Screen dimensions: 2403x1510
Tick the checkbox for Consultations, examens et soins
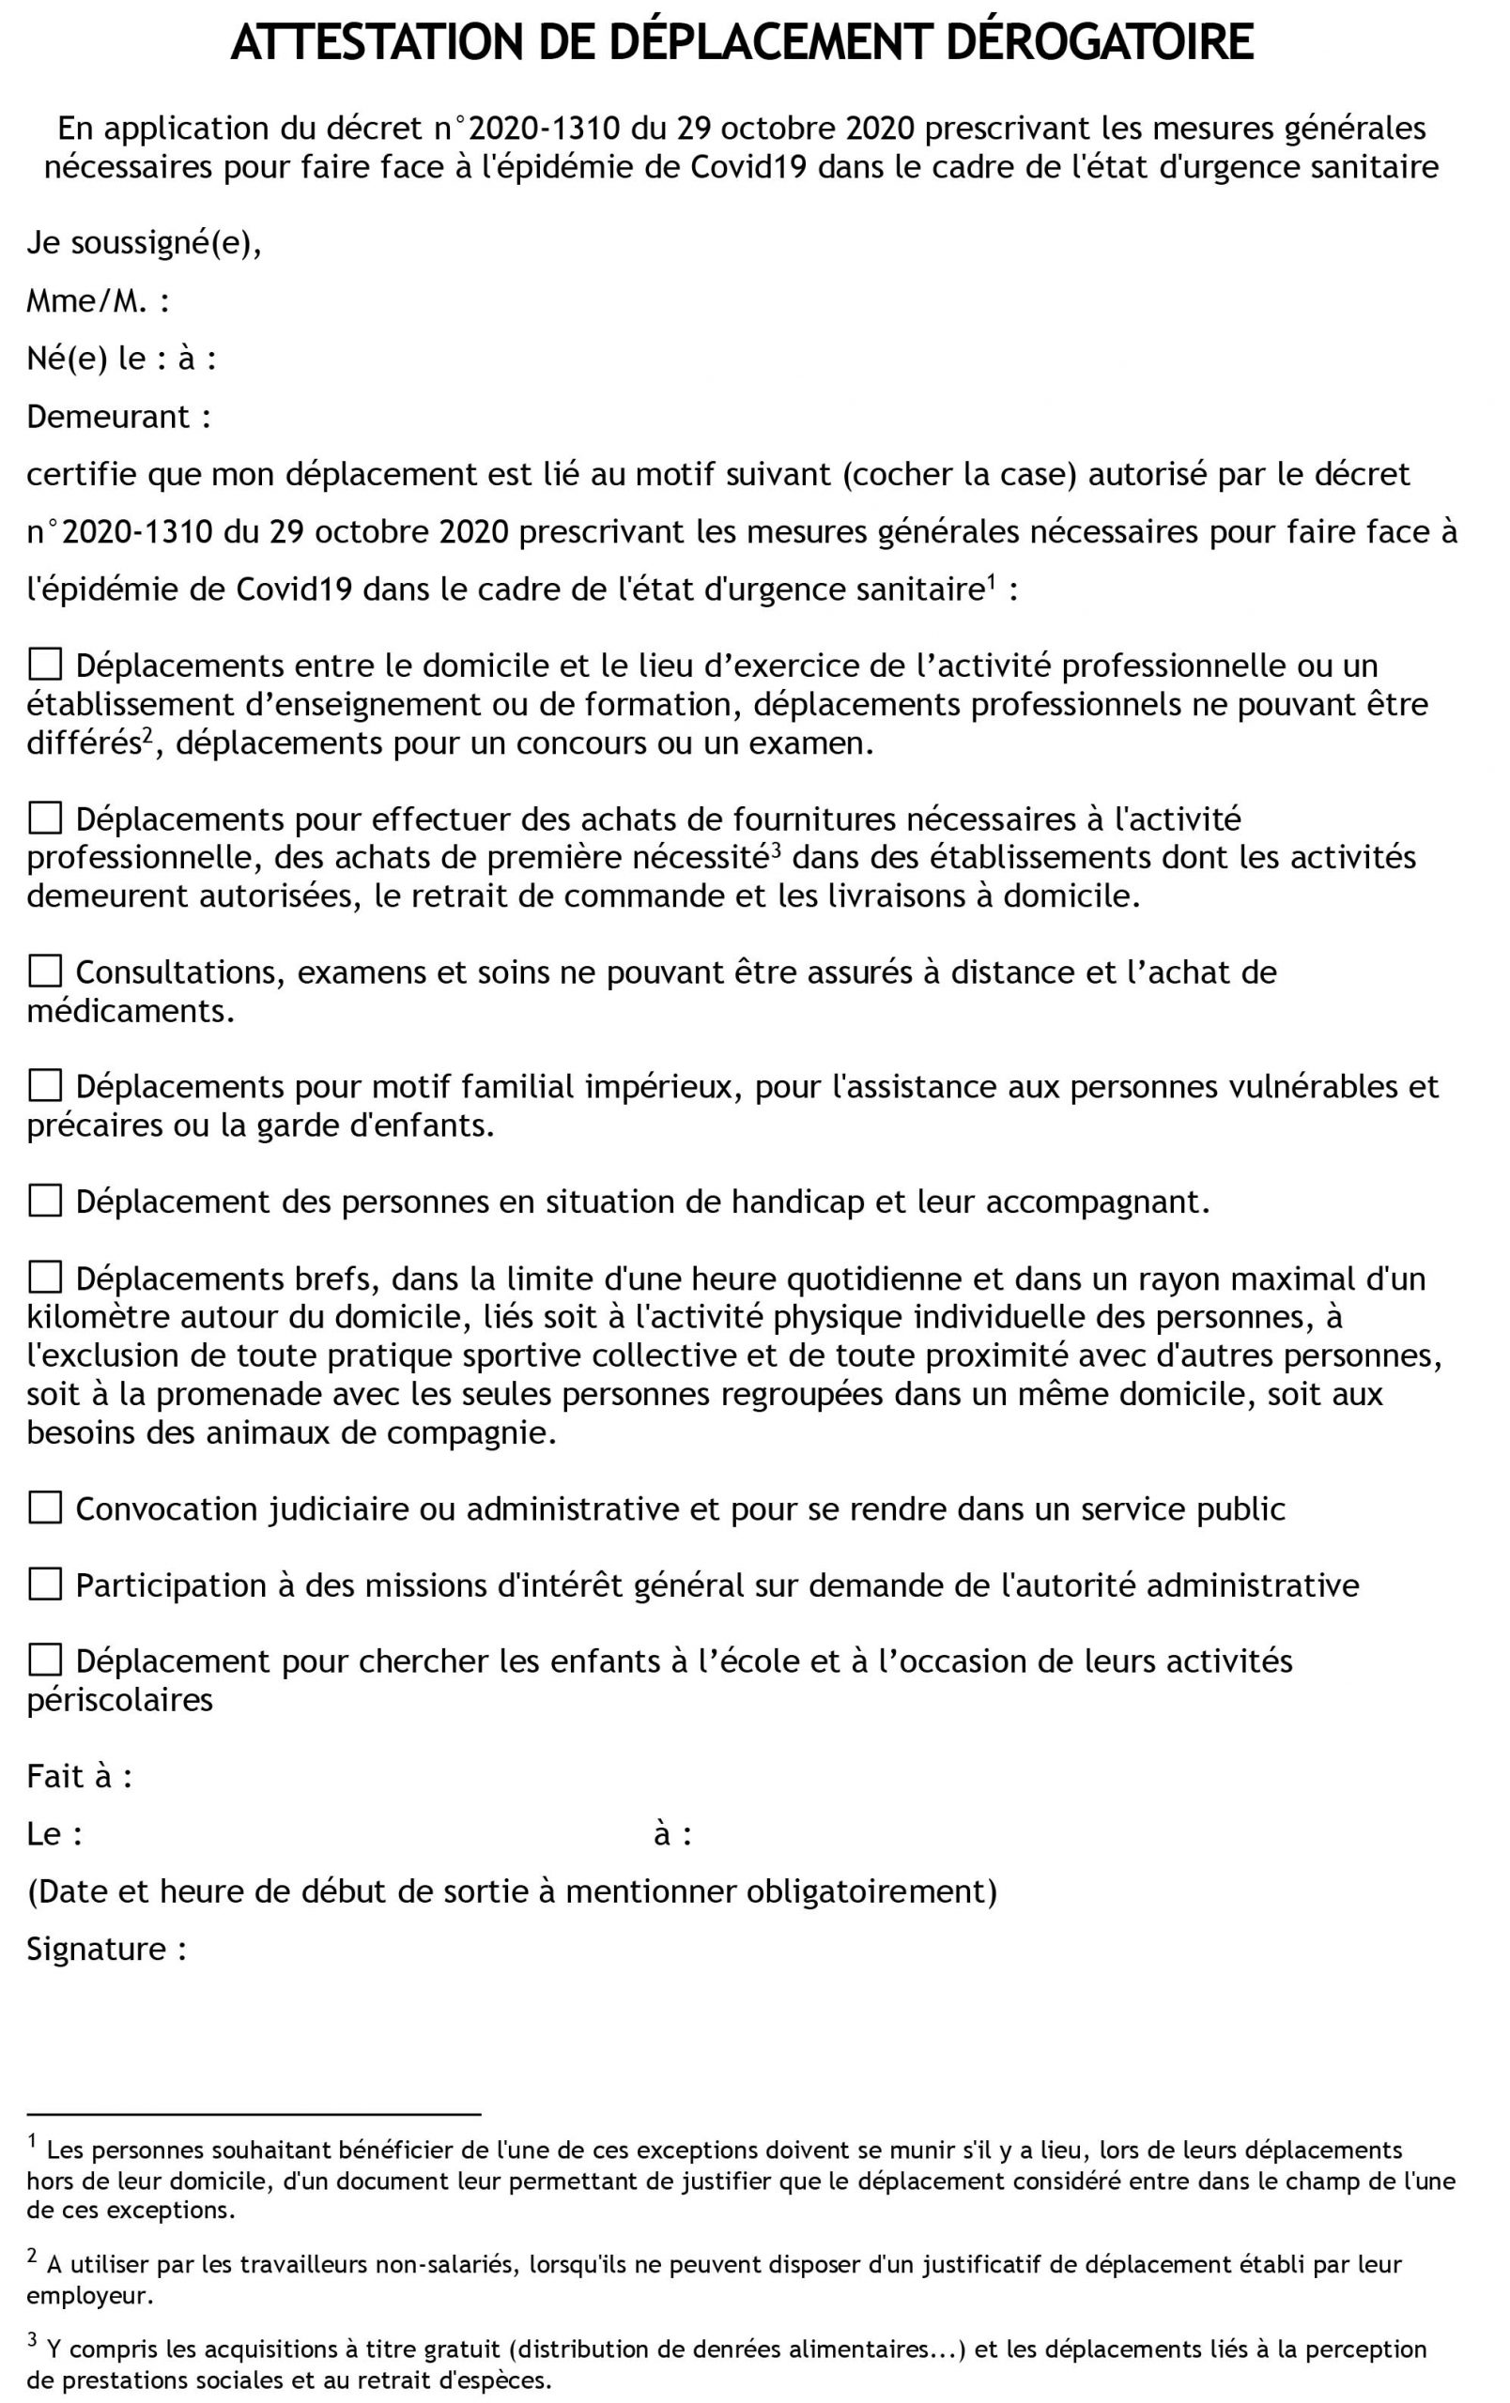point(45,969)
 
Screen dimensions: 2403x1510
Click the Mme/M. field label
point(97,300)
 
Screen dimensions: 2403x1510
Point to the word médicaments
point(130,1011)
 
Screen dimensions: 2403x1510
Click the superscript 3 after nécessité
point(775,849)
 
